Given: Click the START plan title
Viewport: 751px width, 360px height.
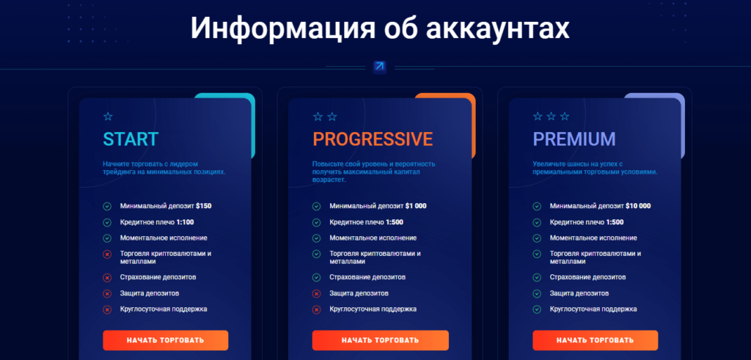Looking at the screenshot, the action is [131, 139].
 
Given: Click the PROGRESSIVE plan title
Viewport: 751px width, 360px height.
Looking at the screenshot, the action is [373, 139].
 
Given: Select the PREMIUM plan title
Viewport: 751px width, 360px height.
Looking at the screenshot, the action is [574, 139].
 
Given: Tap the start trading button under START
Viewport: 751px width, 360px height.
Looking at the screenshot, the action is [165, 340].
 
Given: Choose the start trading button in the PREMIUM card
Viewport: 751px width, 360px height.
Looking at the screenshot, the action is [595, 340].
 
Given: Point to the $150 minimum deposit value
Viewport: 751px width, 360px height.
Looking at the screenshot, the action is [204, 206].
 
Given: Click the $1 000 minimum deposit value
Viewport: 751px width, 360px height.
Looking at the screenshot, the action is [416, 206].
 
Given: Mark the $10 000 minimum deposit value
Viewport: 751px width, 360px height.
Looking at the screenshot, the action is [638, 206].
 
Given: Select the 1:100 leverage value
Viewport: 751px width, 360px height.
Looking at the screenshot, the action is [185, 222].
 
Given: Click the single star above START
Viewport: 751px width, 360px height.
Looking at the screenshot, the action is [108, 117].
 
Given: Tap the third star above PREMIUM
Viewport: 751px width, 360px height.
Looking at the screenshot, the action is [565, 117].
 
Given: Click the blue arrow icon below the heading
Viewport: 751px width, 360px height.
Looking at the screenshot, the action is [379, 66].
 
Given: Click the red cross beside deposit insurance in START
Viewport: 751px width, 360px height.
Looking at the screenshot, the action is [107, 278].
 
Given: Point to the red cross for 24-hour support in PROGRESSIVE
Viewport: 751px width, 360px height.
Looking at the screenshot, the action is [316, 309].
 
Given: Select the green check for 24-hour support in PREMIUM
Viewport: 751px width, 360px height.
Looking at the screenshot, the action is [537, 309].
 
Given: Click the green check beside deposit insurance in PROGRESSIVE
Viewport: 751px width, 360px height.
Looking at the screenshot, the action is [316, 278].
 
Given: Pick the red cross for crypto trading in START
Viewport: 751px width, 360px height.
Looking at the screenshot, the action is [107, 254].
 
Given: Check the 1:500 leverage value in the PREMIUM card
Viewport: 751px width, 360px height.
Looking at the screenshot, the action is [615, 222].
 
